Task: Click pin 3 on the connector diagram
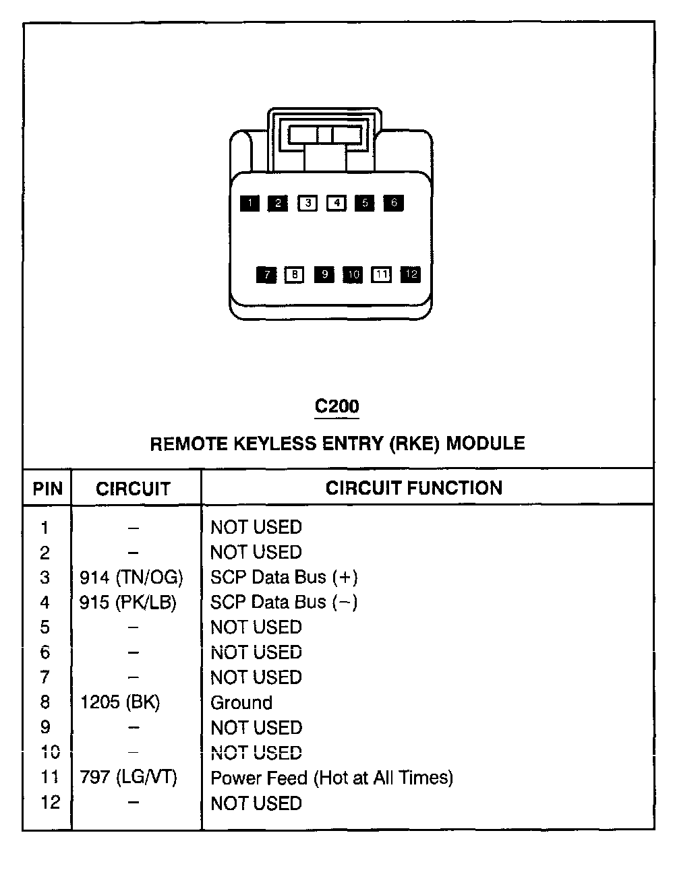(308, 203)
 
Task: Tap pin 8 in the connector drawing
(294, 274)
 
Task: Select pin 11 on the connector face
(382, 274)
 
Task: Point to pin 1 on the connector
(250, 203)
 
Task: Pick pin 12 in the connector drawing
(411, 274)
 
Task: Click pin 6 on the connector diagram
(394, 203)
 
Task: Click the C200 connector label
(337, 406)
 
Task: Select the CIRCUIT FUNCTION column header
(414, 488)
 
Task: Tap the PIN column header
(47, 489)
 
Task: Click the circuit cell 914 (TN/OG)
(131, 578)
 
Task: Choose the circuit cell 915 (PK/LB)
(128, 603)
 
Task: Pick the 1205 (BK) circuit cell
(120, 702)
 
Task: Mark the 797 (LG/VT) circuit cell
(128, 778)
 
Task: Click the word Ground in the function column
(241, 702)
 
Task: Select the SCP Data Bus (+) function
(284, 578)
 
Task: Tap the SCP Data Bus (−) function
(284, 603)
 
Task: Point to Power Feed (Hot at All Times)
(332, 778)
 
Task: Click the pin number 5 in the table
(45, 627)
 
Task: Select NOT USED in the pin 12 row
(256, 803)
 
